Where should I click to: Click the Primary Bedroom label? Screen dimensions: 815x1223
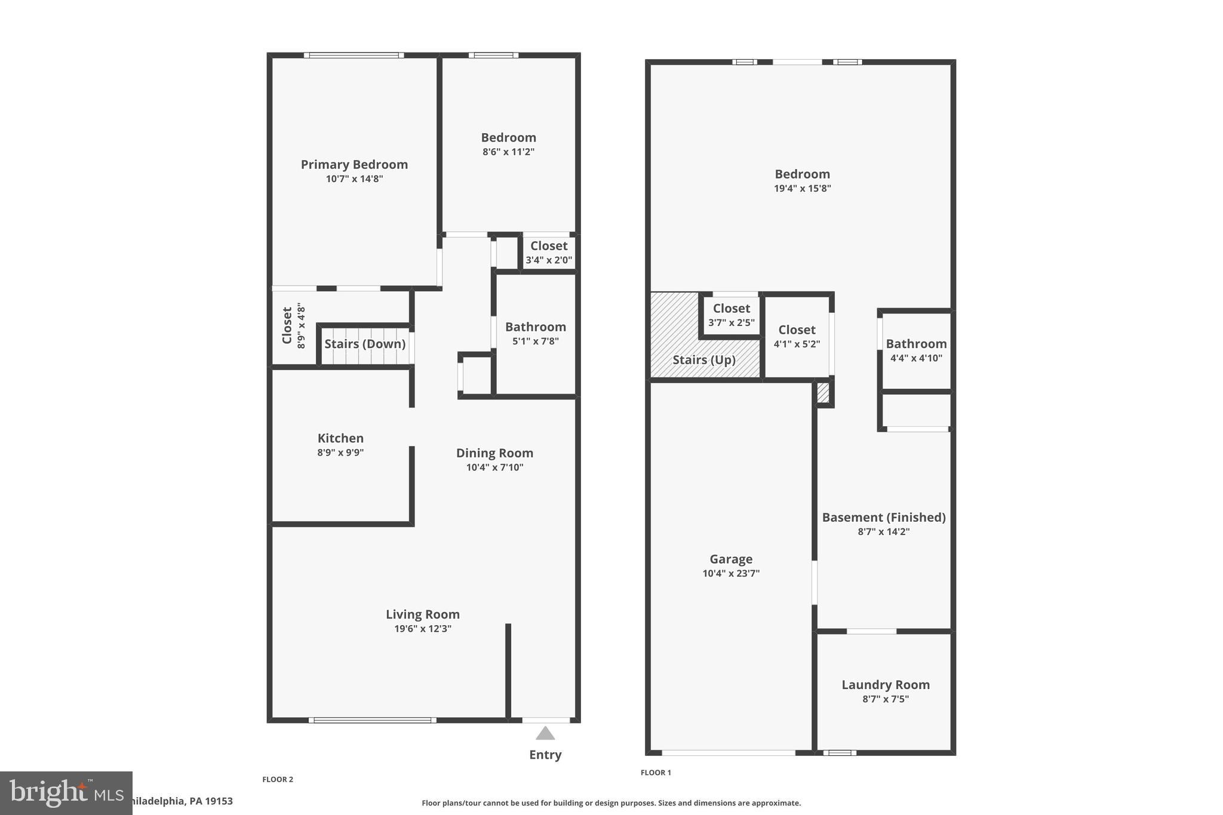click(354, 165)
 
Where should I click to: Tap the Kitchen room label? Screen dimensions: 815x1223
click(340, 438)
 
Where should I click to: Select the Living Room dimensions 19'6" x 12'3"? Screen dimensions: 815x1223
click(423, 629)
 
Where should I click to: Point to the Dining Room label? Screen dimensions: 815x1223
click(494, 453)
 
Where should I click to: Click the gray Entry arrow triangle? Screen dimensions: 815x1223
click(545, 733)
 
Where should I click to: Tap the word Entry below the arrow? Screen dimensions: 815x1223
click(545, 755)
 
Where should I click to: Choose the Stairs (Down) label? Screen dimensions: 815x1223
click(365, 344)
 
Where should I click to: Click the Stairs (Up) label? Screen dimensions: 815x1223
click(704, 360)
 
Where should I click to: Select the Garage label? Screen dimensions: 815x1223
click(731, 559)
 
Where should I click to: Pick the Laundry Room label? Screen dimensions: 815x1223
click(886, 685)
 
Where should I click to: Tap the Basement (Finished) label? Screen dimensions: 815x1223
click(884, 518)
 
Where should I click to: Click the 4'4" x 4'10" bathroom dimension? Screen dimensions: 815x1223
click(916, 358)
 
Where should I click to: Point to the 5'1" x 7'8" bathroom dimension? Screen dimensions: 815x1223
click(536, 342)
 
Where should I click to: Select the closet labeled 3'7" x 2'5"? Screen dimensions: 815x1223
click(732, 322)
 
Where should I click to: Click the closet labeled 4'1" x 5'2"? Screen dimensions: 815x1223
click(797, 344)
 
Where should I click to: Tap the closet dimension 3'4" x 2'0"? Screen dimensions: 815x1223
click(549, 260)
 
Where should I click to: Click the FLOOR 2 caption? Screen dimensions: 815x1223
click(278, 779)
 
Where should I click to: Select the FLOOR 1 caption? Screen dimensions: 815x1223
click(656, 773)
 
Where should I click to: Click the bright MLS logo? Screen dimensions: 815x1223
click(66, 793)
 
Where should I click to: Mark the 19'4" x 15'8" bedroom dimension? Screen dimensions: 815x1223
click(802, 189)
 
